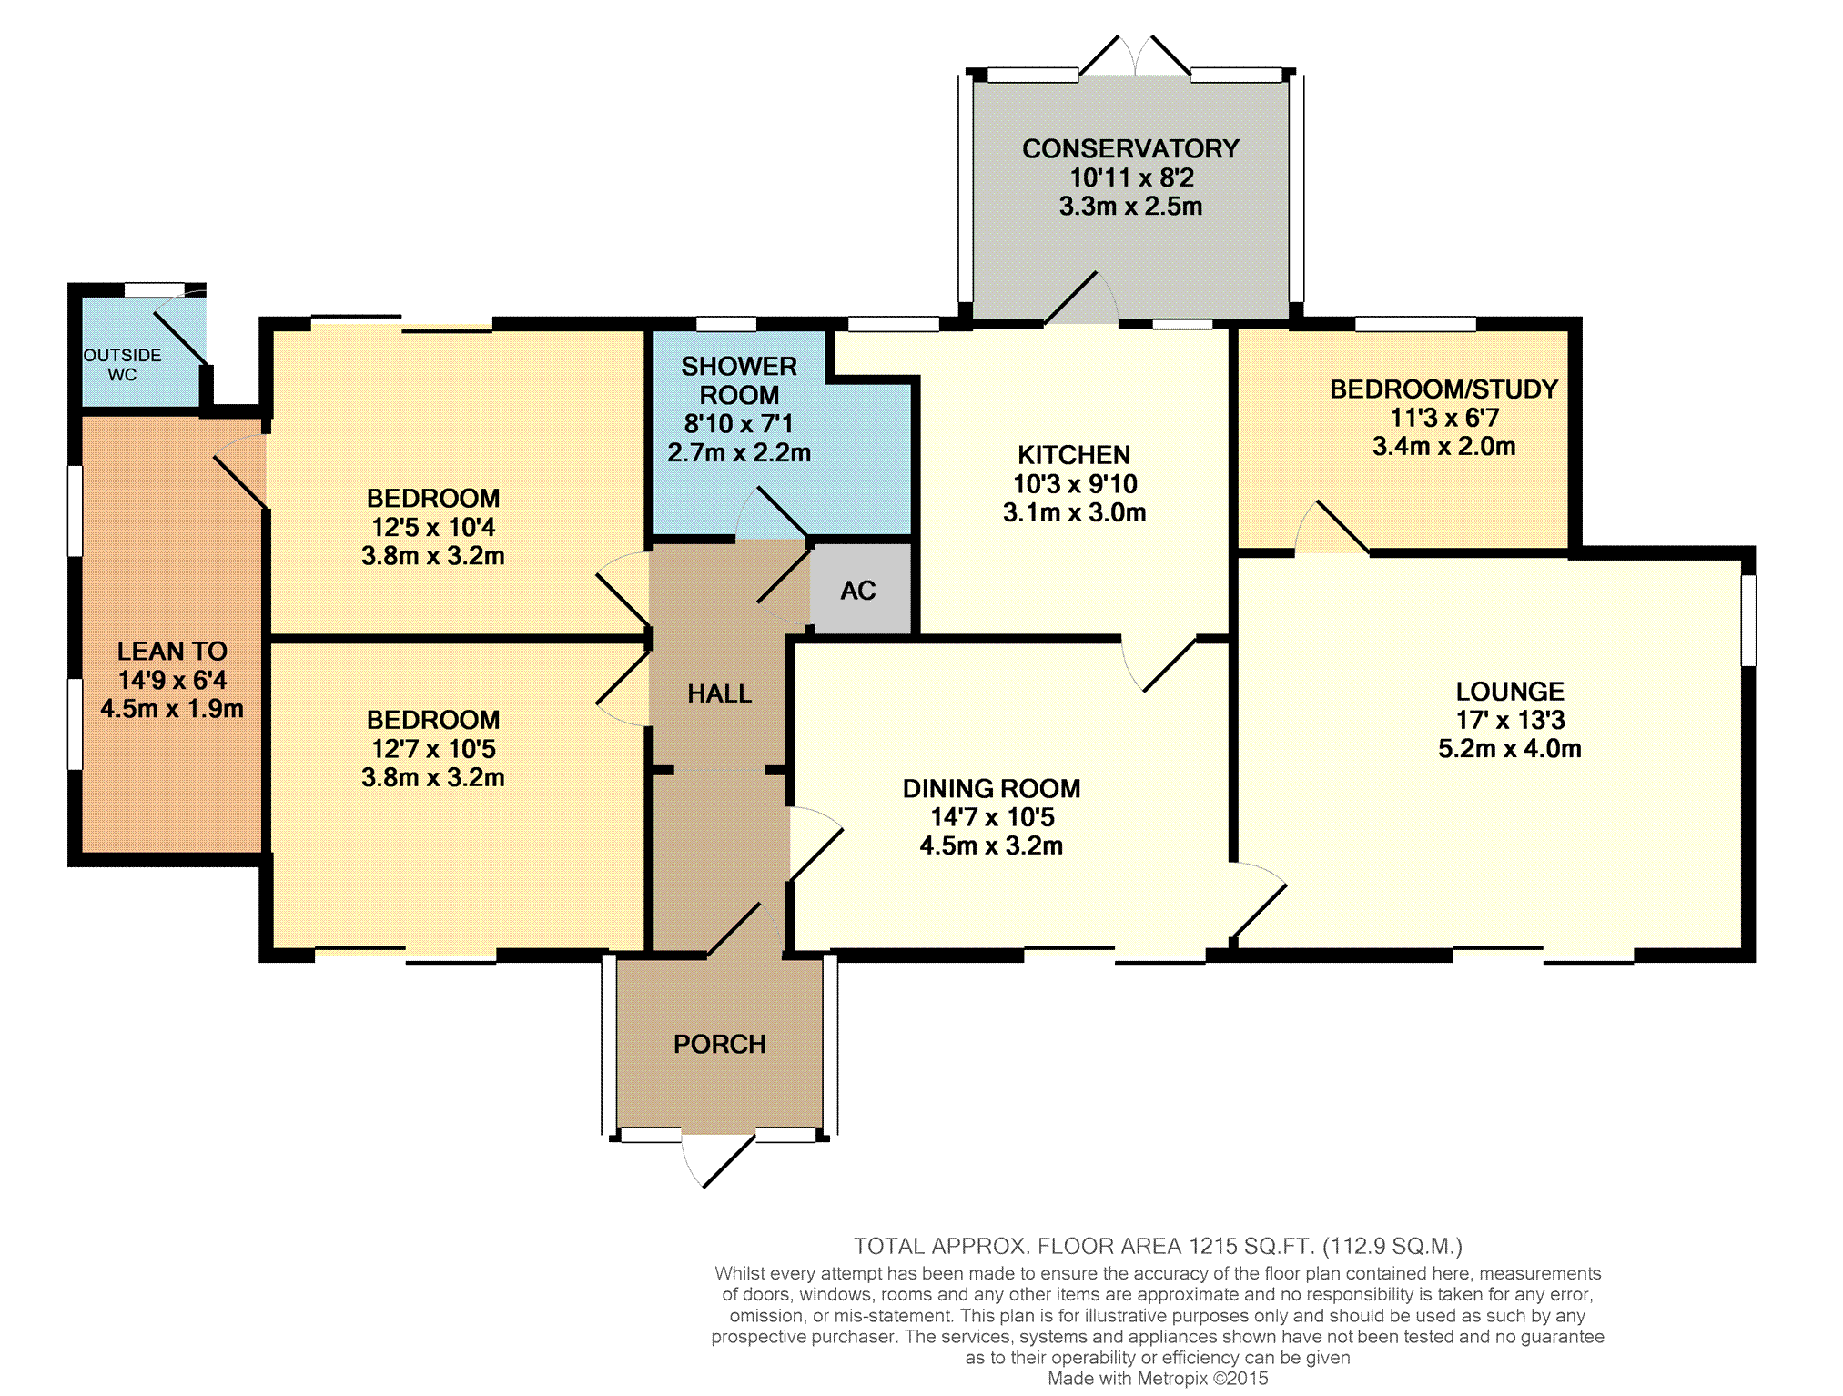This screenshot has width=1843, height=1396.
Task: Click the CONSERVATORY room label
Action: click(x=1130, y=148)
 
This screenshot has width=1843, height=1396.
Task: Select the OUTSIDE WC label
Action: click(x=122, y=364)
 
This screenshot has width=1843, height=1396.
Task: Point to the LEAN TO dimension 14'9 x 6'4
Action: click(x=172, y=680)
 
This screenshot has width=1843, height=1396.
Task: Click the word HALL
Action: click(x=719, y=693)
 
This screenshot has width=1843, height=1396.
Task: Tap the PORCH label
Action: click(x=719, y=1044)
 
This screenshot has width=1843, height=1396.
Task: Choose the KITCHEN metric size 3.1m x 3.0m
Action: click(x=1074, y=512)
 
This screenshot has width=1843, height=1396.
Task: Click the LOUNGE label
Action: click(x=1510, y=691)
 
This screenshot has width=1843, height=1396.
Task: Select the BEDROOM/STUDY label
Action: click(x=1443, y=389)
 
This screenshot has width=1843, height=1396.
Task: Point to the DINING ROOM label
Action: click(x=991, y=788)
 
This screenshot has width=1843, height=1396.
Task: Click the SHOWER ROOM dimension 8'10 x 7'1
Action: click(x=738, y=423)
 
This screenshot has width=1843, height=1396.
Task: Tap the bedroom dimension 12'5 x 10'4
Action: click(x=433, y=527)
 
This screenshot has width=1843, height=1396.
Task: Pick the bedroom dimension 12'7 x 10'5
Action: click(x=433, y=749)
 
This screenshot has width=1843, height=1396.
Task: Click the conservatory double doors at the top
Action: click(x=1134, y=56)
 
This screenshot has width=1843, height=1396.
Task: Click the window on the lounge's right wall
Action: click(x=1748, y=620)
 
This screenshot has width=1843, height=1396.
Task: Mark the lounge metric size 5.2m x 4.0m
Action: click(x=1510, y=748)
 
